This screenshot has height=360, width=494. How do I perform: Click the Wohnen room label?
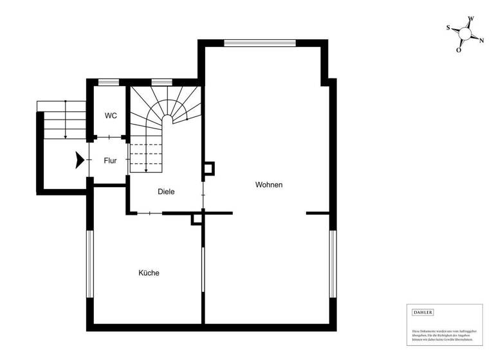pos(269,185)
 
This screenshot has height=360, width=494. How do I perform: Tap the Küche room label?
pos(149,273)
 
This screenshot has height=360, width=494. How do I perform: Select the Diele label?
pos(166,192)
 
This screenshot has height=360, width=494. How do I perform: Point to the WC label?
pos(111,116)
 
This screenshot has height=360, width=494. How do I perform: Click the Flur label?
pos(110,161)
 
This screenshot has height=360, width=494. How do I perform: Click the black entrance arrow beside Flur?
pos(80,160)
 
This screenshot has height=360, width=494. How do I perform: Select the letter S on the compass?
pos(448,28)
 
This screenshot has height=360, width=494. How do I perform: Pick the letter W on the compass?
pos(471,19)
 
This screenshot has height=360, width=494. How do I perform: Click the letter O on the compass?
pos(459,50)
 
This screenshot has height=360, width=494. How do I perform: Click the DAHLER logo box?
pos(423,312)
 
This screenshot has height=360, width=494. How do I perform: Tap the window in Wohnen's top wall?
pos(260,43)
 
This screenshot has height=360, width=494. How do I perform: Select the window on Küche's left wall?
pos(91,264)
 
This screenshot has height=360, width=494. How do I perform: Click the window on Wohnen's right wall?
pos(333,264)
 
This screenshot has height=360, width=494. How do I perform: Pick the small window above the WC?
pos(109,82)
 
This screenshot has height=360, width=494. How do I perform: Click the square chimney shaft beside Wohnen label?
pos(209,169)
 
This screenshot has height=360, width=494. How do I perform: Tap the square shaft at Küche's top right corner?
pos(197,219)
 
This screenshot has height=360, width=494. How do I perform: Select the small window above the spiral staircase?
pos(160,82)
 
